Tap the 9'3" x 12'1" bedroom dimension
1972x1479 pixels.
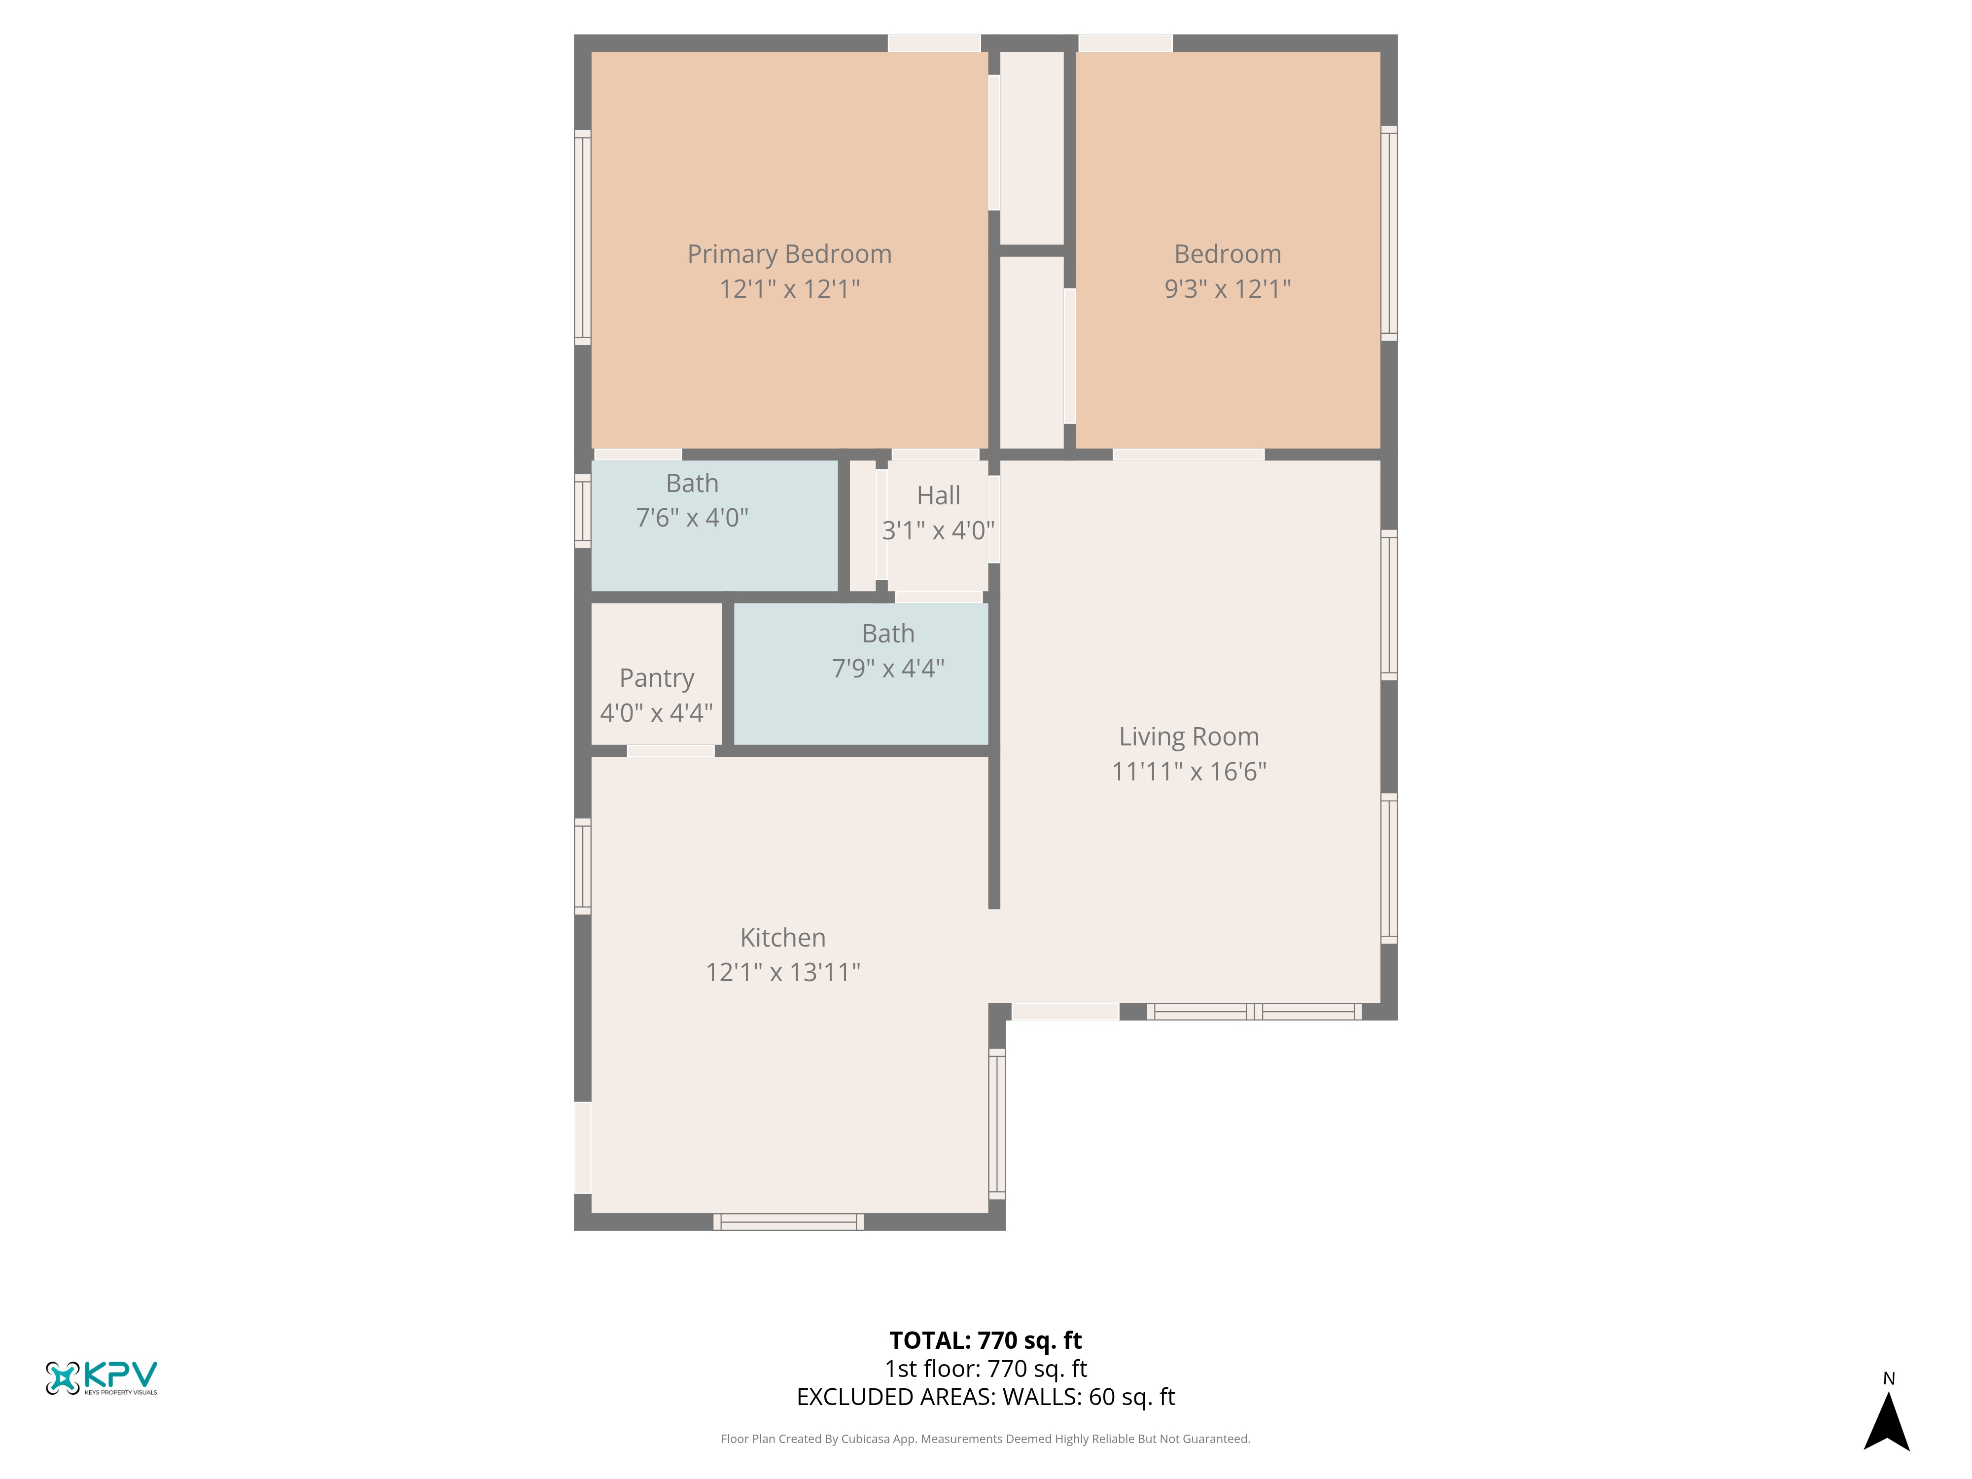point(1228,289)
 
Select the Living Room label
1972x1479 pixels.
point(1189,737)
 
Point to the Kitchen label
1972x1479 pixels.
point(783,938)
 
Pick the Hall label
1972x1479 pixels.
point(939,495)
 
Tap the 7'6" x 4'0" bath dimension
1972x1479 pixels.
point(692,518)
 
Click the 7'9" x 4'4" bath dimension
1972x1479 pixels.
point(888,669)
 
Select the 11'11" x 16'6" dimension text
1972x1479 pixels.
point(1189,772)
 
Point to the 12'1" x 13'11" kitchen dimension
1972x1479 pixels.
point(783,973)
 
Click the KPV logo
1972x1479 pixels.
point(101,1377)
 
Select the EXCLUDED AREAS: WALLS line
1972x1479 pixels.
point(985,1397)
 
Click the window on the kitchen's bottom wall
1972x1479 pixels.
point(788,1222)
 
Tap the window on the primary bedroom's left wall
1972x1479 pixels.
point(582,237)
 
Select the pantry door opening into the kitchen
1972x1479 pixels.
point(670,751)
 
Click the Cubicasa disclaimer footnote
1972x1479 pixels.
point(985,1439)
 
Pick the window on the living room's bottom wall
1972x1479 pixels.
point(1253,1012)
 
